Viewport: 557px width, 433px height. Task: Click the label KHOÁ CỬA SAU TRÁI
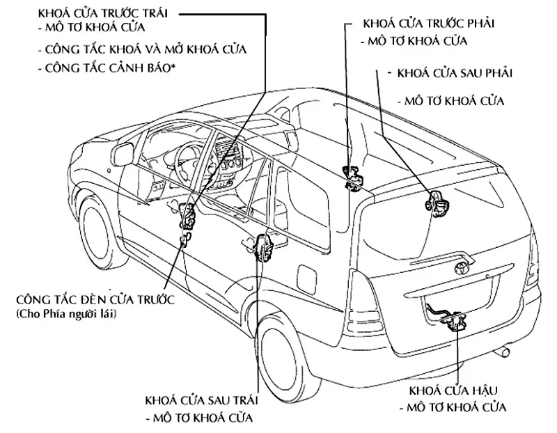[x=202, y=401]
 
